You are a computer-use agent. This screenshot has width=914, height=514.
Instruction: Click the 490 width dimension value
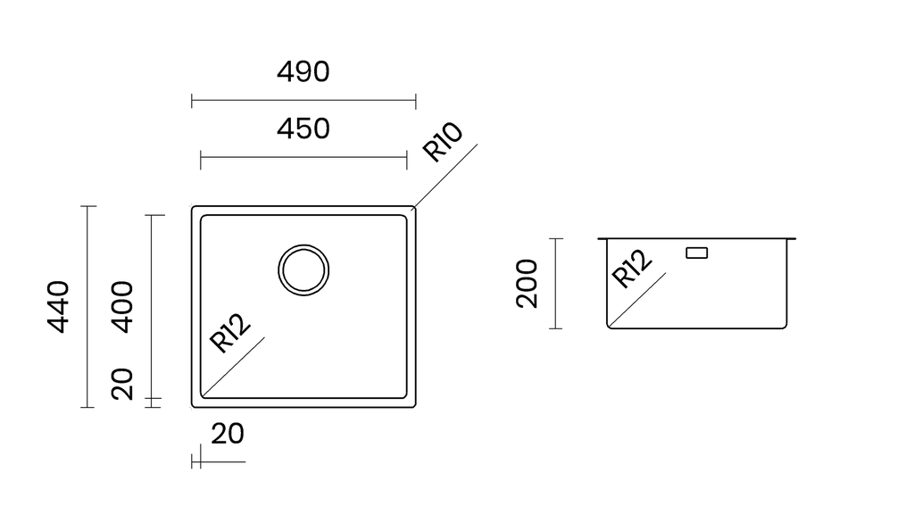(x=303, y=71)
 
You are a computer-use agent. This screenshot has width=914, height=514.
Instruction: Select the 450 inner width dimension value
(x=303, y=128)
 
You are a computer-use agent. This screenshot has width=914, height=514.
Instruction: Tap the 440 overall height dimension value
(x=58, y=307)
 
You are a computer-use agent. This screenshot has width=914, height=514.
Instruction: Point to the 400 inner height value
(x=122, y=307)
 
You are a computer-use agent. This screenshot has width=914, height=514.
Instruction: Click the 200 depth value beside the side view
(x=527, y=283)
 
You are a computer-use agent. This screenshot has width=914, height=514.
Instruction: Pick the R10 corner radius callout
(x=443, y=142)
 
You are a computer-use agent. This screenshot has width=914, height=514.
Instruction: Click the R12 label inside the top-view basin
(x=230, y=334)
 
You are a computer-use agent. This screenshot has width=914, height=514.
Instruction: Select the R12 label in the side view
(x=631, y=269)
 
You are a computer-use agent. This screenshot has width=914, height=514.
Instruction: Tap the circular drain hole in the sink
(x=303, y=269)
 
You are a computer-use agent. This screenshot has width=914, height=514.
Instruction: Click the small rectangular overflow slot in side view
(x=697, y=253)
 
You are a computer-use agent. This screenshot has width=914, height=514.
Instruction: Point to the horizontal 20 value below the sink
(x=228, y=435)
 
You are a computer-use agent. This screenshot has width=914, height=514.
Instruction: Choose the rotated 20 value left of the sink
(x=122, y=384)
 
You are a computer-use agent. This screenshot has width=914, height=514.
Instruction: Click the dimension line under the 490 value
(x=303, y=101)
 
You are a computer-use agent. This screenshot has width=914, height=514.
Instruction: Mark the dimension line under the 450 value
(x=303, y=157)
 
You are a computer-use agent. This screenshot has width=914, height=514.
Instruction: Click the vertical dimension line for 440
(x=88, y=307)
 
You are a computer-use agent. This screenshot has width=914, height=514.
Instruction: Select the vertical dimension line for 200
(x=556, y=283)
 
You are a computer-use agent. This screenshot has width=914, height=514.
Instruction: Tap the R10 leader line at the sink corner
(x=445, y=176)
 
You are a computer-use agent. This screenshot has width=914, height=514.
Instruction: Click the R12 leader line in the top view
(x=233, y=367)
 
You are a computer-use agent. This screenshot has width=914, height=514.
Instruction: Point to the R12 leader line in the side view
(x=637, y=300)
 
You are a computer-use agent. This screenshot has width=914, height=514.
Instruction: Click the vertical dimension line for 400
(x=152, y=307)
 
